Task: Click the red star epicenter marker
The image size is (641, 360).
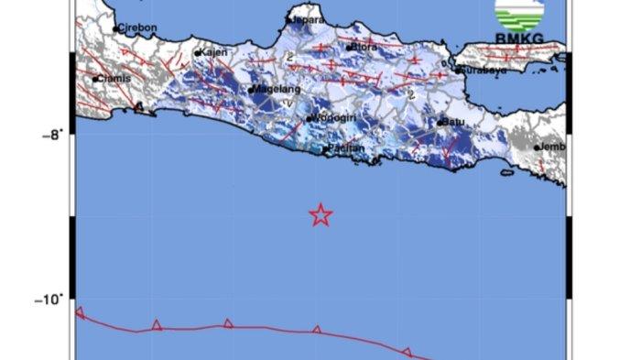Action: pyautogui.click(x=320, y=215)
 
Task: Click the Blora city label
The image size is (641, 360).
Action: pyautogui.click(x=366, y=46)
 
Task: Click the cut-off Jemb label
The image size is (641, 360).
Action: pyautogui.click(x=552, y=147)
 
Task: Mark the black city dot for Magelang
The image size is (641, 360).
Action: pyautogui.click(x=250, y=90)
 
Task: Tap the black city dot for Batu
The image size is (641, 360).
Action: pyautogui.click(x=440, y=121)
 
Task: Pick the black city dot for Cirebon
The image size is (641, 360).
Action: pyautogui.click(x=116, y=28)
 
